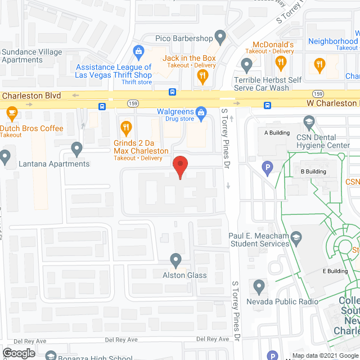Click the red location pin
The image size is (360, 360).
pyautogui.click(x=179, y=167)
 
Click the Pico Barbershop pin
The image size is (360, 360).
pyautogui.click(x=220, y=38)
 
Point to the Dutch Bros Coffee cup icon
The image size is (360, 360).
pyautogui.click(x=11, y=112)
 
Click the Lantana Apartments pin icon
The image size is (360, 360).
pyautogui.click(x=77, y=149)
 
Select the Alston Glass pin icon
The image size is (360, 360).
pyautogui.click(x=175, y=260)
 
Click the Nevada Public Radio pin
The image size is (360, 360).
pyautogui.click(x=259, y=287)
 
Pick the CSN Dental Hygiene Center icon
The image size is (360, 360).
pyautogui.click(x=308, y=122)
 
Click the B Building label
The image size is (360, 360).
pyautogui.click(x=314, y=172)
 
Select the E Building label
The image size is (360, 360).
pyautogui.click(x=335, y=271)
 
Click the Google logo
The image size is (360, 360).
pyautogui.click(x=19, y=353)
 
